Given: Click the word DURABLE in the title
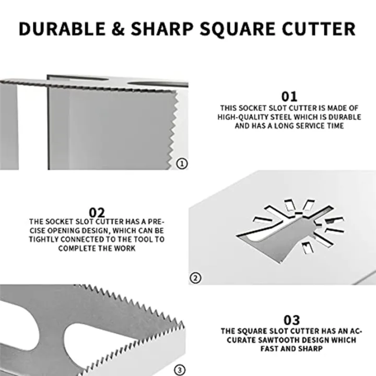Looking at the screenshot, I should point(63,29).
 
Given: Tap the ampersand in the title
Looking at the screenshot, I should point(122,29).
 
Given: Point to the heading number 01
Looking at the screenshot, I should point(289,97).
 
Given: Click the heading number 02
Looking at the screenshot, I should point(97,213).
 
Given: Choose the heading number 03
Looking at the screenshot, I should point(291,320).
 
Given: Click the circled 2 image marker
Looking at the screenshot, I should point(195,278).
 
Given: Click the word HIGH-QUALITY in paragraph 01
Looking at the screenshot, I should point(243,118).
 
